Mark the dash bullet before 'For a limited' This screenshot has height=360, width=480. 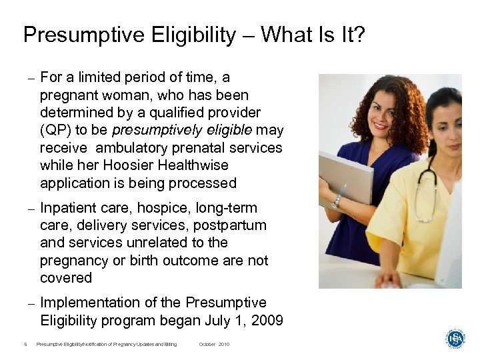31,79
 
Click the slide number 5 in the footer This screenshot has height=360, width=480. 25,344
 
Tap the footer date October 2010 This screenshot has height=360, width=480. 214,344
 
